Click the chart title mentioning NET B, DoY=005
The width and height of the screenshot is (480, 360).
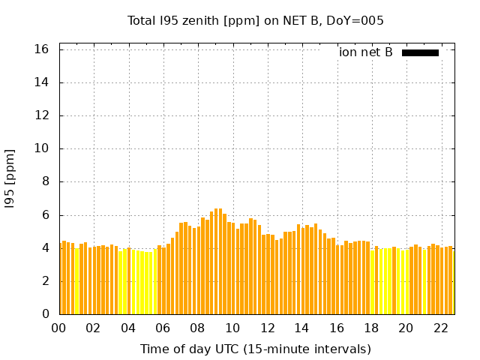[x=255, y=21]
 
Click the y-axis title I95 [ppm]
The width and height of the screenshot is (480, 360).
[x=10, y=178]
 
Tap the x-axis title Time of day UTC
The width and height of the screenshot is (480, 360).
[x=255, y=349]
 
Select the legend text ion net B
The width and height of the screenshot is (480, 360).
[x=366, y=52]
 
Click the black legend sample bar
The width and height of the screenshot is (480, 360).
[x=420, y=52]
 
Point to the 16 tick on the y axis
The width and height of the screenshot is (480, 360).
[x=42, y=49]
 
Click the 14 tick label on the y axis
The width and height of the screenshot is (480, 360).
[x=42, y=82]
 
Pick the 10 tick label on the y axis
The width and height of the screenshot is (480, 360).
[x=42, y=148]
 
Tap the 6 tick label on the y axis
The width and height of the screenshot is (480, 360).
[x=45, y=215]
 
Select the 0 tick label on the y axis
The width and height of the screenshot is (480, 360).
[x=45, y=314]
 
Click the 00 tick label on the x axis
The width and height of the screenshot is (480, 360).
[x=59, y=328]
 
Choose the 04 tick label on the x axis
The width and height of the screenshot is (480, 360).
[x=128, y=328]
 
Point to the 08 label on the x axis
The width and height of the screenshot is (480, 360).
[x=198, y=328]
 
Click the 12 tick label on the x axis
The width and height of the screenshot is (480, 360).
[x=267, y=328]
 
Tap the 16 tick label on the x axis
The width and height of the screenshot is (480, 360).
[x=337, y=328]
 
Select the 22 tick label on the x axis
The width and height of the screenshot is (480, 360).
[x=440, y=328]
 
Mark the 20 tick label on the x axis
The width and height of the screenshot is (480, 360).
[x=406, y=328]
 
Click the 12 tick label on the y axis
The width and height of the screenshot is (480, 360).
[x=42, y=115]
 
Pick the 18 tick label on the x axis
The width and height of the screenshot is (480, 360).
[x=371, y=328]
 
